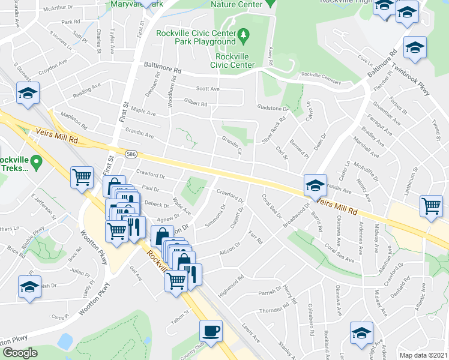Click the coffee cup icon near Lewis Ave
[x=211, y=330]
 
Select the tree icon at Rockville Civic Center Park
[x=244, y=37]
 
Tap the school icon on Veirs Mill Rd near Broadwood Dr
[x=315, y=185]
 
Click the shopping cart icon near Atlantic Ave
[x=431, y=206]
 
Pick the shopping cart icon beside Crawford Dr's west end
[x=82, y=176]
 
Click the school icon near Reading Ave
[x=28, y=93]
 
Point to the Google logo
[x=20, y=352]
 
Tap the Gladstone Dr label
[x=273, y=109]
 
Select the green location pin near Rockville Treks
[x=37, y=161]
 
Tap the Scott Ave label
[x=208, y=89]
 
